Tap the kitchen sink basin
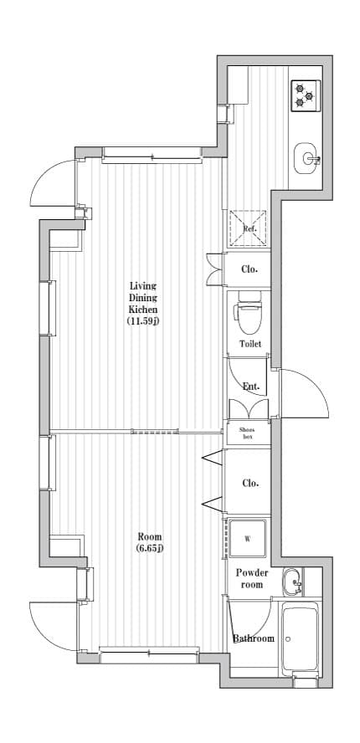[307, 156]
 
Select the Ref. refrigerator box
[249, 228]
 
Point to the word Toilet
[249, 344]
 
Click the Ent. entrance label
[249, 387]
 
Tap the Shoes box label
[249, 433]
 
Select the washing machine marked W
[248, 538]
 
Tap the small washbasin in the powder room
[291, 581]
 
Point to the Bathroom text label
[253, 638]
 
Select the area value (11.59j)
[142, 320]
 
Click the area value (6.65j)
[149, 548]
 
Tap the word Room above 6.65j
[150, 536]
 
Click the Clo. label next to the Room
[249, 483]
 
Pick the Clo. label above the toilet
[249, 269]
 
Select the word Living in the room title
[142, 285]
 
